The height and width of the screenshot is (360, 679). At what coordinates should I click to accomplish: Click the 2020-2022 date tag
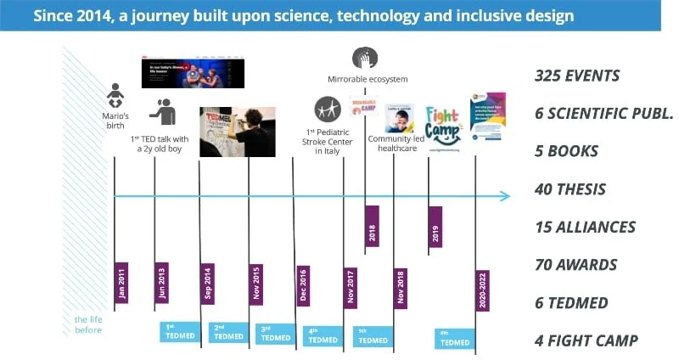pos(482,290)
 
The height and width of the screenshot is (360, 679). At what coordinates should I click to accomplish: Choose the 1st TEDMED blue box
pos(180,331)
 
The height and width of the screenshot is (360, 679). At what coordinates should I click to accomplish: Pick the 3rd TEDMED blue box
pos(275,334)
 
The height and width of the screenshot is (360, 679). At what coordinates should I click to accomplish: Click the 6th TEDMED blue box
pos(454,338)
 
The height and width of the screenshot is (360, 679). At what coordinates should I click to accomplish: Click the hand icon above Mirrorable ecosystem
pos(365,59)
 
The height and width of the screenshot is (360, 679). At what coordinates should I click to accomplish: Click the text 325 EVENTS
pos(577,76)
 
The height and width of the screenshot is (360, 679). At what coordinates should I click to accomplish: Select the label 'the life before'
pos(87,324)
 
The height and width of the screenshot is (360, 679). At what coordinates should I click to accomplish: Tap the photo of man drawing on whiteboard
pos(237,132)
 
